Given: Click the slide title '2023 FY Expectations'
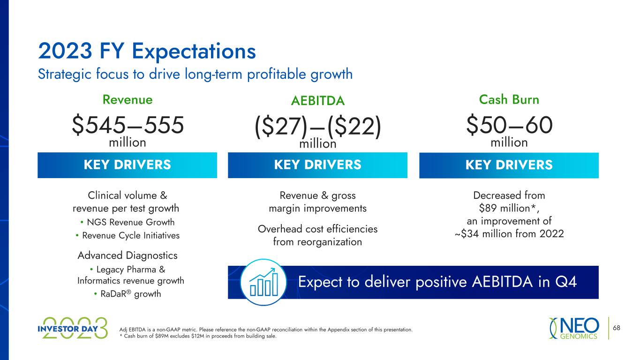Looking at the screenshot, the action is (147, 51).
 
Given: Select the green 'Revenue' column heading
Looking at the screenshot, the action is (128, 100).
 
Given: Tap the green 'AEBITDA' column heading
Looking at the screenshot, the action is (318, 101).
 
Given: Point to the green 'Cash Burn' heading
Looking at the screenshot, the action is (509, 100).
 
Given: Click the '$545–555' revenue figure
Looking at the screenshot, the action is (128, 125).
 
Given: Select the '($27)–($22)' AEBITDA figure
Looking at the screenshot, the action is (318, 127).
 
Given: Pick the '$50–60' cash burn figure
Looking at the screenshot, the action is (509, 125).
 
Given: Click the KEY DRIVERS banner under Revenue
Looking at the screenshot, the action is (127, 165).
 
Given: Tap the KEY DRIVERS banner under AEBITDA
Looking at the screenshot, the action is (318, 165).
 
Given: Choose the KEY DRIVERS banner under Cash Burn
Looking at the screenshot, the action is (509, 165).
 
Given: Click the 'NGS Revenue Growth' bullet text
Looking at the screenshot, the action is (130, 222).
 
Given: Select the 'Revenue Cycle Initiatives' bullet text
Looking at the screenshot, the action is (131, 235).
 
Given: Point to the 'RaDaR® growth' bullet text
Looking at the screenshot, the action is (130, 294).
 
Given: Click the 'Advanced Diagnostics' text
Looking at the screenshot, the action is (128, 255).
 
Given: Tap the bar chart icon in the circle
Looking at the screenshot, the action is (264, 282).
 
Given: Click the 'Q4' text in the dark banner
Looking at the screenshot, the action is (566, 282).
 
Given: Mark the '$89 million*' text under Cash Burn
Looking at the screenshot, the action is (509, 208).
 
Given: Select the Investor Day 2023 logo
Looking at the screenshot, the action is (73, 328).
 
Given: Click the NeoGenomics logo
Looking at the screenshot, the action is (574, 328).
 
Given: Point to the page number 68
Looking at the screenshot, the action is (617, 328).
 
